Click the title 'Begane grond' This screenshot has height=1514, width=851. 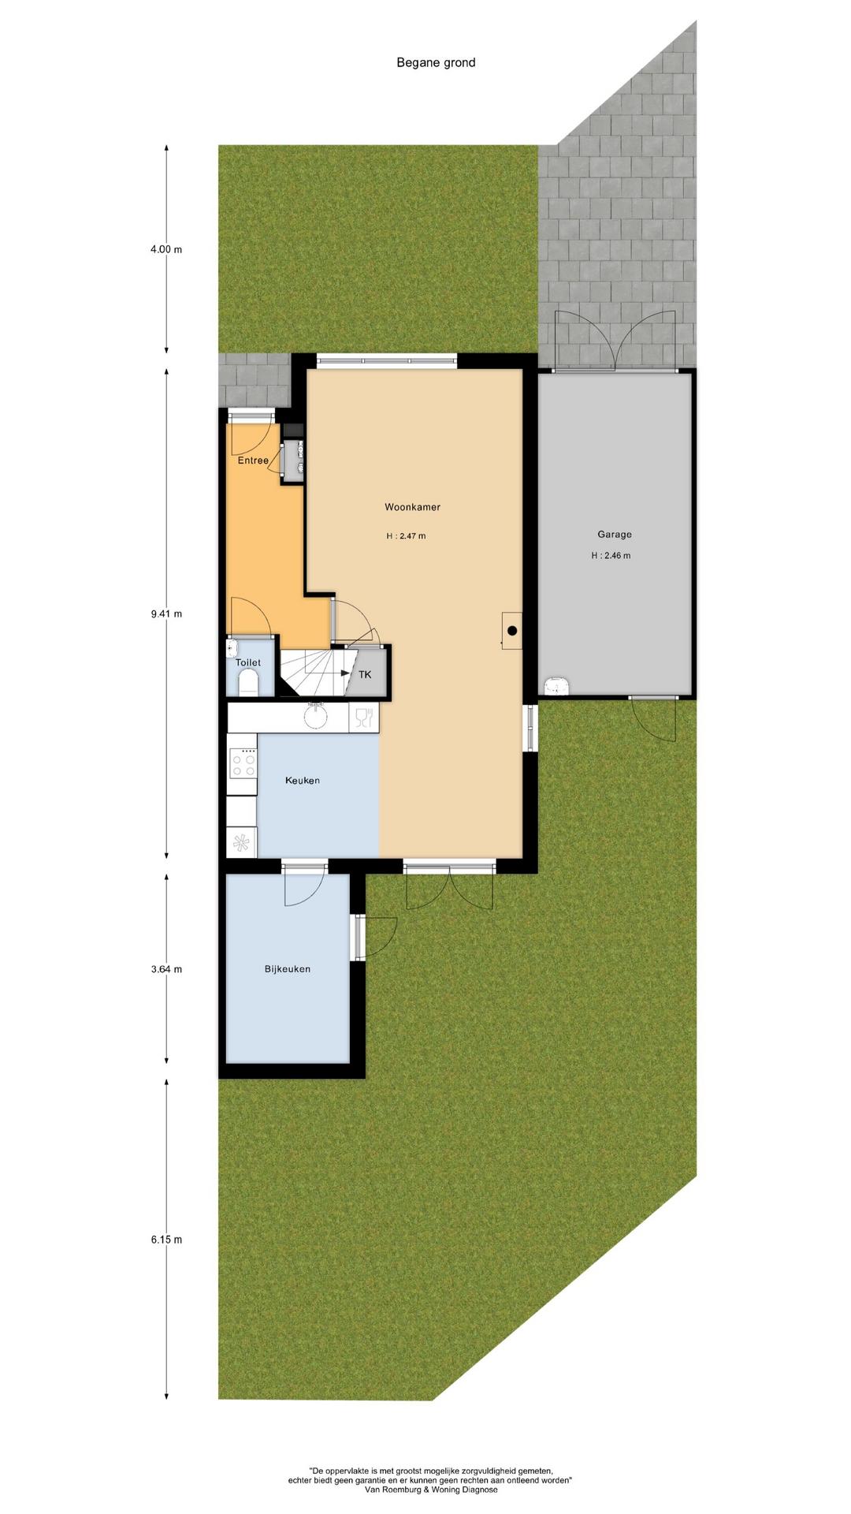click(436, 63)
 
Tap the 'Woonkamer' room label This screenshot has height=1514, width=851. click(412, 507)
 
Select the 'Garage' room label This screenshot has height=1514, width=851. click(615, 535)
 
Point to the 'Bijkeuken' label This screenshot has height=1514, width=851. click(288, 969)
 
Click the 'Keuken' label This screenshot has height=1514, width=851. click(303, 781)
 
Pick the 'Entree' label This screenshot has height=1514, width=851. click(253, 461)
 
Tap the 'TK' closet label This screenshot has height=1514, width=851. click(365, 675)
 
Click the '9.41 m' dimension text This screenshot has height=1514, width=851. click(166, 613)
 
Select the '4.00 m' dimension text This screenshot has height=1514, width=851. click(166, 250)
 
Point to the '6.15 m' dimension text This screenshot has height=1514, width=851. click(166, 1240)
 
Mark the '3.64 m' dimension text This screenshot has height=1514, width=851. click(166, 969)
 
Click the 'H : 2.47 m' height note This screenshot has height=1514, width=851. click(406, 536)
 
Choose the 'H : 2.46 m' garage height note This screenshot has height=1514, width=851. click(611, 556)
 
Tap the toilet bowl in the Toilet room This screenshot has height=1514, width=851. click(248, 683)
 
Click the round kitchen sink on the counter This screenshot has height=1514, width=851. click(317, 717)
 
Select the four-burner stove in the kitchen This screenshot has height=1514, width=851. click(243, 763)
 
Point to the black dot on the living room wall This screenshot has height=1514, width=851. click(512, 630)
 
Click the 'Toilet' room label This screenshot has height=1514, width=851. click(248, 663)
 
